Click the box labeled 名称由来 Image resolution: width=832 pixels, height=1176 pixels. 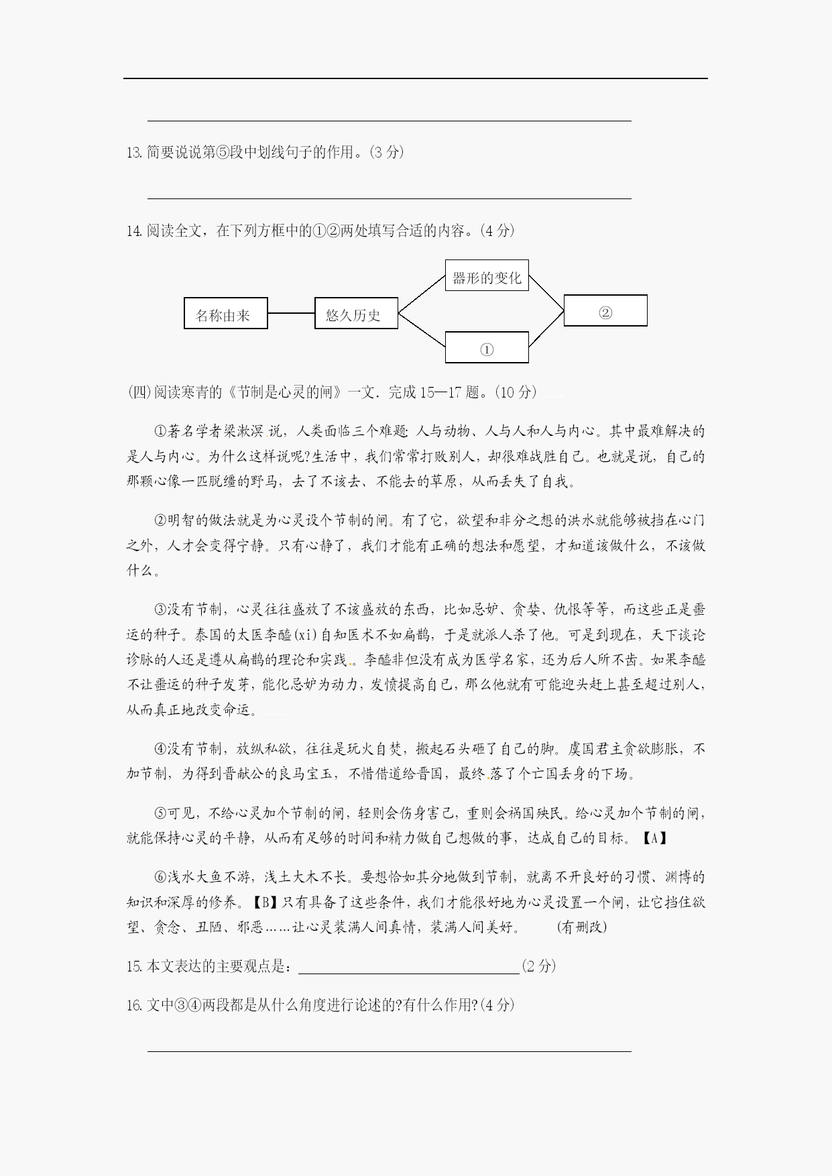[225, 313]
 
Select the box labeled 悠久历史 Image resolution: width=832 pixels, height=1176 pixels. [356, 313]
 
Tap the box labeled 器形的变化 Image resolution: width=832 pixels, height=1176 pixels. [487, 276]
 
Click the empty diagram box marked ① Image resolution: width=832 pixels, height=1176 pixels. [487, 347]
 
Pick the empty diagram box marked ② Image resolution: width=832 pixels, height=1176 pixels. [605, 310]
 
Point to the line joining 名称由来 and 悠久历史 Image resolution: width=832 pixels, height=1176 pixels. [291, 313]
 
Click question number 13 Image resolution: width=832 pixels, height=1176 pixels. [133, 152]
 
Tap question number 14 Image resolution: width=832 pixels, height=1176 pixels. [133, 231]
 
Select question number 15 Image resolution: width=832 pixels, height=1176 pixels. [133, 966]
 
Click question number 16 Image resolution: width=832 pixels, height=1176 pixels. [133, 1005]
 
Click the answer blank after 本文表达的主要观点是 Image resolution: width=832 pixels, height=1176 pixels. [409, 966]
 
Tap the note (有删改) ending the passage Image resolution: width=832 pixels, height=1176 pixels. [581, 927]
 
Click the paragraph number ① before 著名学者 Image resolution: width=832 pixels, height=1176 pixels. [160, 431]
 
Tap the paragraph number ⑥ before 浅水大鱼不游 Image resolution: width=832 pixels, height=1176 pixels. [160, 877]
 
